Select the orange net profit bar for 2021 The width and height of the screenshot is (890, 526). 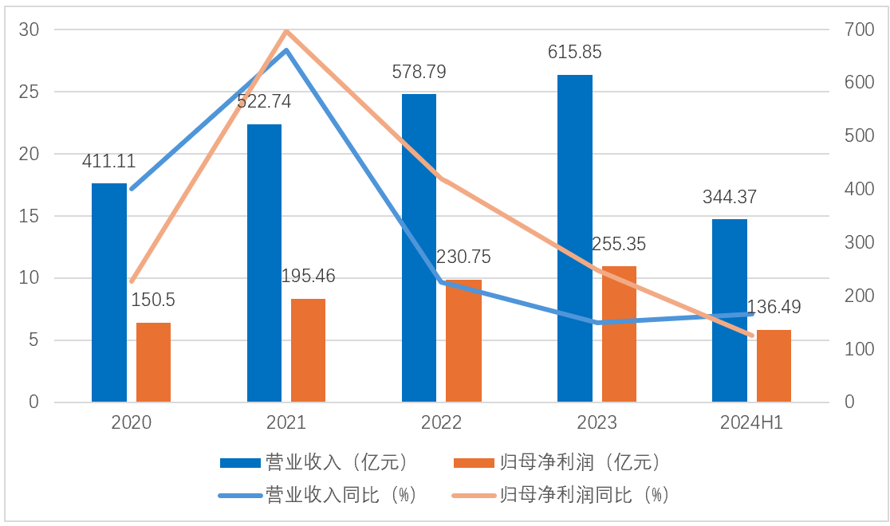pos(308,350)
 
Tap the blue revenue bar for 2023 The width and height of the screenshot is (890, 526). pos(574,238)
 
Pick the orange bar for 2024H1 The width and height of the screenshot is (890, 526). pos(774,366)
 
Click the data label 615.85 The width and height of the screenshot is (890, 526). pos(574,53)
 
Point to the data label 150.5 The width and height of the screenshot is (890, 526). pos(153,300)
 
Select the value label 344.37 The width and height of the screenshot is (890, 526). pos(730,197)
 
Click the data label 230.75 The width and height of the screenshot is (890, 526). pos(463,257)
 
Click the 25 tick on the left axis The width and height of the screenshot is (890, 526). pos(30,92)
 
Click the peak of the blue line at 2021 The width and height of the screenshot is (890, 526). pos(286,50)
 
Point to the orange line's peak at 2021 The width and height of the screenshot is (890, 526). pos(286,31)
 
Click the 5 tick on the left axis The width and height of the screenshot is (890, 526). pos(33,340)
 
